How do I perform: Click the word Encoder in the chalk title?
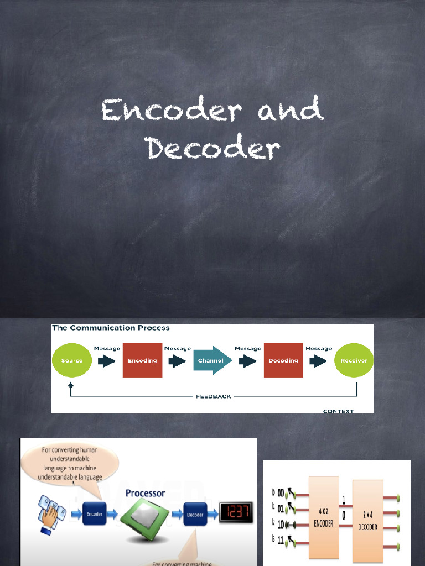pos(172,111)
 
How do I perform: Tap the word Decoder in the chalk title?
pos(212,148)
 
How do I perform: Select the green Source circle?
pos(72,361)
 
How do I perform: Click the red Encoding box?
pos(142,360)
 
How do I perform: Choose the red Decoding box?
pos(283,360)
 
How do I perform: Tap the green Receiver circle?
pos(354,361)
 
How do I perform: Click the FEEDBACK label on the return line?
pos(213,396)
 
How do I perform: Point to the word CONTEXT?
pos(338,411)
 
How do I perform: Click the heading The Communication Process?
pos(111,328)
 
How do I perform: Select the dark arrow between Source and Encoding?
pos(107,361)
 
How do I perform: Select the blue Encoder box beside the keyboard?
pos(95,515)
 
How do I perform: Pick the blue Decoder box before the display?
pos(194,515)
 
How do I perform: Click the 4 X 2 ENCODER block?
pos(324,520)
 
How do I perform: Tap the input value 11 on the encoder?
pos(281,541)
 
